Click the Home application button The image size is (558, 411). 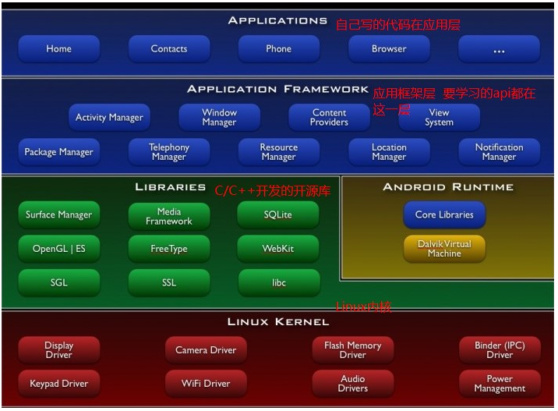(58, 48)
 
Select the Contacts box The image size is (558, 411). (169, 48)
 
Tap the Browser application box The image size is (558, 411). (389, 48)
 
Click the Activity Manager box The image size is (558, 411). (109, 118)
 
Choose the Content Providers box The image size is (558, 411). (329, 118)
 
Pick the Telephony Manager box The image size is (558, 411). (169, 152)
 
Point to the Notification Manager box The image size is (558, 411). (499, 152)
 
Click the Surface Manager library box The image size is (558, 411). (58, 214)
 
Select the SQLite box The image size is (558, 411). (278, 214)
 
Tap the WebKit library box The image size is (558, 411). (278, 249)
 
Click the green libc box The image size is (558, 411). (278, 282)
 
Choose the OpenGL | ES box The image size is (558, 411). (58, 249)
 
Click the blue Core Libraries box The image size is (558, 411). (444, 214)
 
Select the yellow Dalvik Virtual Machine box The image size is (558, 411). (444, 249)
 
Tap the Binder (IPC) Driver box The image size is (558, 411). (500, 350)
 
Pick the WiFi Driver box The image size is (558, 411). (206, 384)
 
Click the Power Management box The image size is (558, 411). (500, 384)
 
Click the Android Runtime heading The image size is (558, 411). (448, 187)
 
